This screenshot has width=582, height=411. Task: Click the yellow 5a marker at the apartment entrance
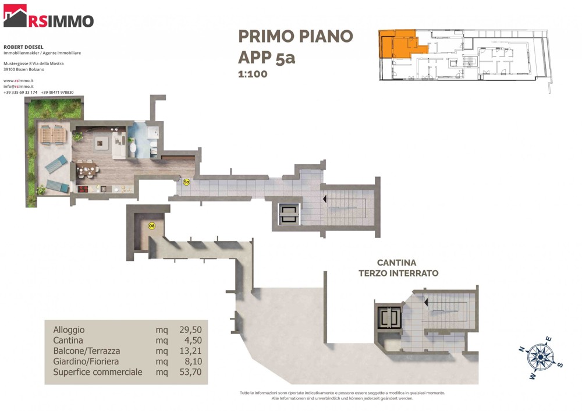187,182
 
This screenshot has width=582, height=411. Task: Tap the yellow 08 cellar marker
151,226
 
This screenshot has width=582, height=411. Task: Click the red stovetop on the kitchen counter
83,189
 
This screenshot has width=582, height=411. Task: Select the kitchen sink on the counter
104,189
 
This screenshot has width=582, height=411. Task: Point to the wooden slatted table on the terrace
53,134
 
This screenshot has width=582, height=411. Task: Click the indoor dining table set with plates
87,170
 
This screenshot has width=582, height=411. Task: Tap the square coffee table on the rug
101,143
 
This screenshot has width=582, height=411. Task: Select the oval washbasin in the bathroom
133,148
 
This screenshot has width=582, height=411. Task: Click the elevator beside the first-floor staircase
289,214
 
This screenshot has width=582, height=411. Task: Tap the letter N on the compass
522,349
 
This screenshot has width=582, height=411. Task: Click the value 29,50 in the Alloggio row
190,329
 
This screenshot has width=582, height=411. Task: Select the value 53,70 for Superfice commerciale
190,371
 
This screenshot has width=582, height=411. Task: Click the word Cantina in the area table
68,341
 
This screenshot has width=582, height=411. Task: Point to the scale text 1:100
253,74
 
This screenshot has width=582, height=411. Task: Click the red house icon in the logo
15,16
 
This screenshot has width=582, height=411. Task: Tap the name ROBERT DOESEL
23,47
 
